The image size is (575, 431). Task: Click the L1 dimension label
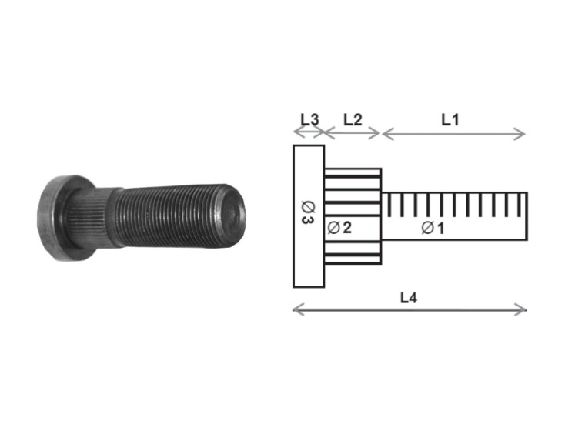tap(450, 119)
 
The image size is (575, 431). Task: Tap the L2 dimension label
tap(353, 119)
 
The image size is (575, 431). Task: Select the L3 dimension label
tap(309, 119)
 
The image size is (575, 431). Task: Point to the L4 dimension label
tap(410, 297)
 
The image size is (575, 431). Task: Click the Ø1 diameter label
tap(433, 228)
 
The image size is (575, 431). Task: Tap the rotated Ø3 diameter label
tap(307, 213)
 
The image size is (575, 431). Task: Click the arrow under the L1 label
tap(453, 134)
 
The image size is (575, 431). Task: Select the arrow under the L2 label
tap(352, 133)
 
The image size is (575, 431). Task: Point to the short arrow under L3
tap(309, 133)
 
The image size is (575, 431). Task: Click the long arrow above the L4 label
tap(410, 309)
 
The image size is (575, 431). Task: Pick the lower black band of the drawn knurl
tap(352, 252)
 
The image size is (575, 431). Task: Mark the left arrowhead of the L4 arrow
tap(296, 309)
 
